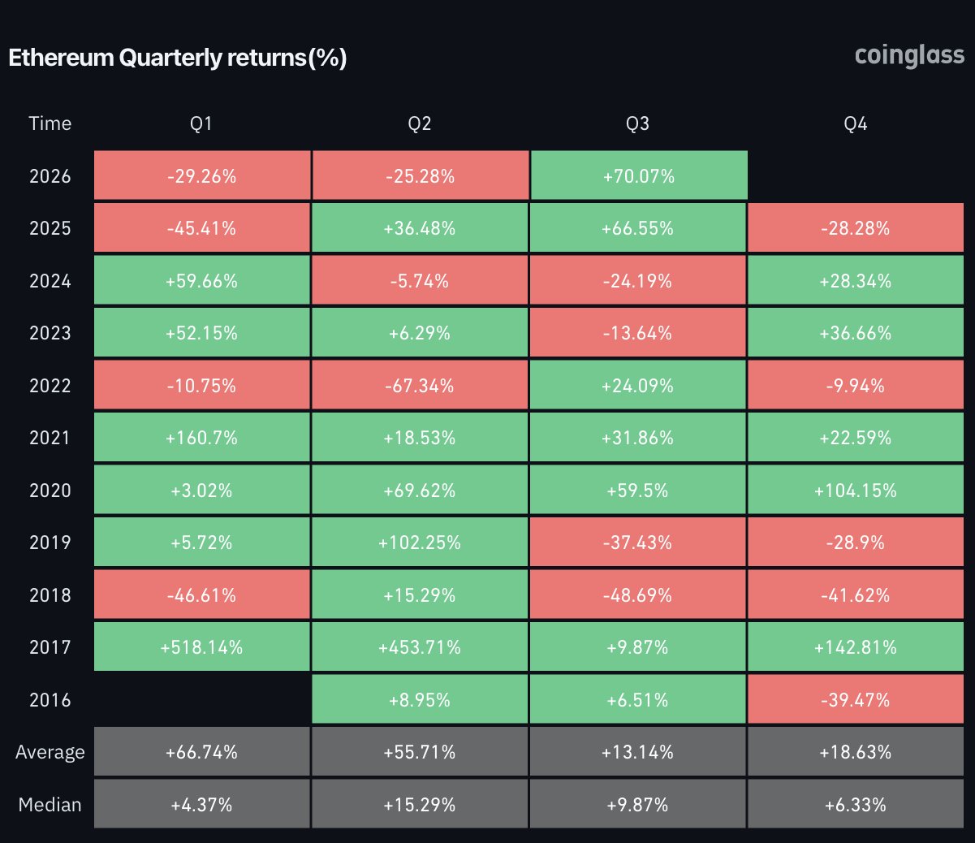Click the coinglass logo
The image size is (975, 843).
[909, 57]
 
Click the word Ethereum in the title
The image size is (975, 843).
[62, 58]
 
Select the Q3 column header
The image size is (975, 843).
[638, 123]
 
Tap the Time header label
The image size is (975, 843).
[50, 123]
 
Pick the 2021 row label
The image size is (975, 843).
[50, 438]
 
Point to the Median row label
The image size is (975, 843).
[50, 804]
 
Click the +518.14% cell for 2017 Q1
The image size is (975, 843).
[202, 646]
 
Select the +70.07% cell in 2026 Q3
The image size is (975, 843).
[639, 175]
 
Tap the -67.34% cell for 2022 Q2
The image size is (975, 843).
[420, 385]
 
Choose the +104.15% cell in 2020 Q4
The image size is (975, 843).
[856, 490]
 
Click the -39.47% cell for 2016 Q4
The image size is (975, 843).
[856, 699]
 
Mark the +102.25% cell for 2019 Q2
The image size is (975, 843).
[420, 542]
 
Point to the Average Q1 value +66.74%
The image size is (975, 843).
[202, 751]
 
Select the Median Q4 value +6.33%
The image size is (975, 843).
[856, 804]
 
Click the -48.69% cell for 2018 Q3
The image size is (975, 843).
[638, 594]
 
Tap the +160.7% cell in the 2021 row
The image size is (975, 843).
[202, 438]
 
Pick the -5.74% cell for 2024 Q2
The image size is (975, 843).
[420, 280]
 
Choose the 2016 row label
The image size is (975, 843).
[50, 699]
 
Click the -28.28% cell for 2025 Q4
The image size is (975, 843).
[856, 227]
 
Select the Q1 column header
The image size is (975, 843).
[201, 123]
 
